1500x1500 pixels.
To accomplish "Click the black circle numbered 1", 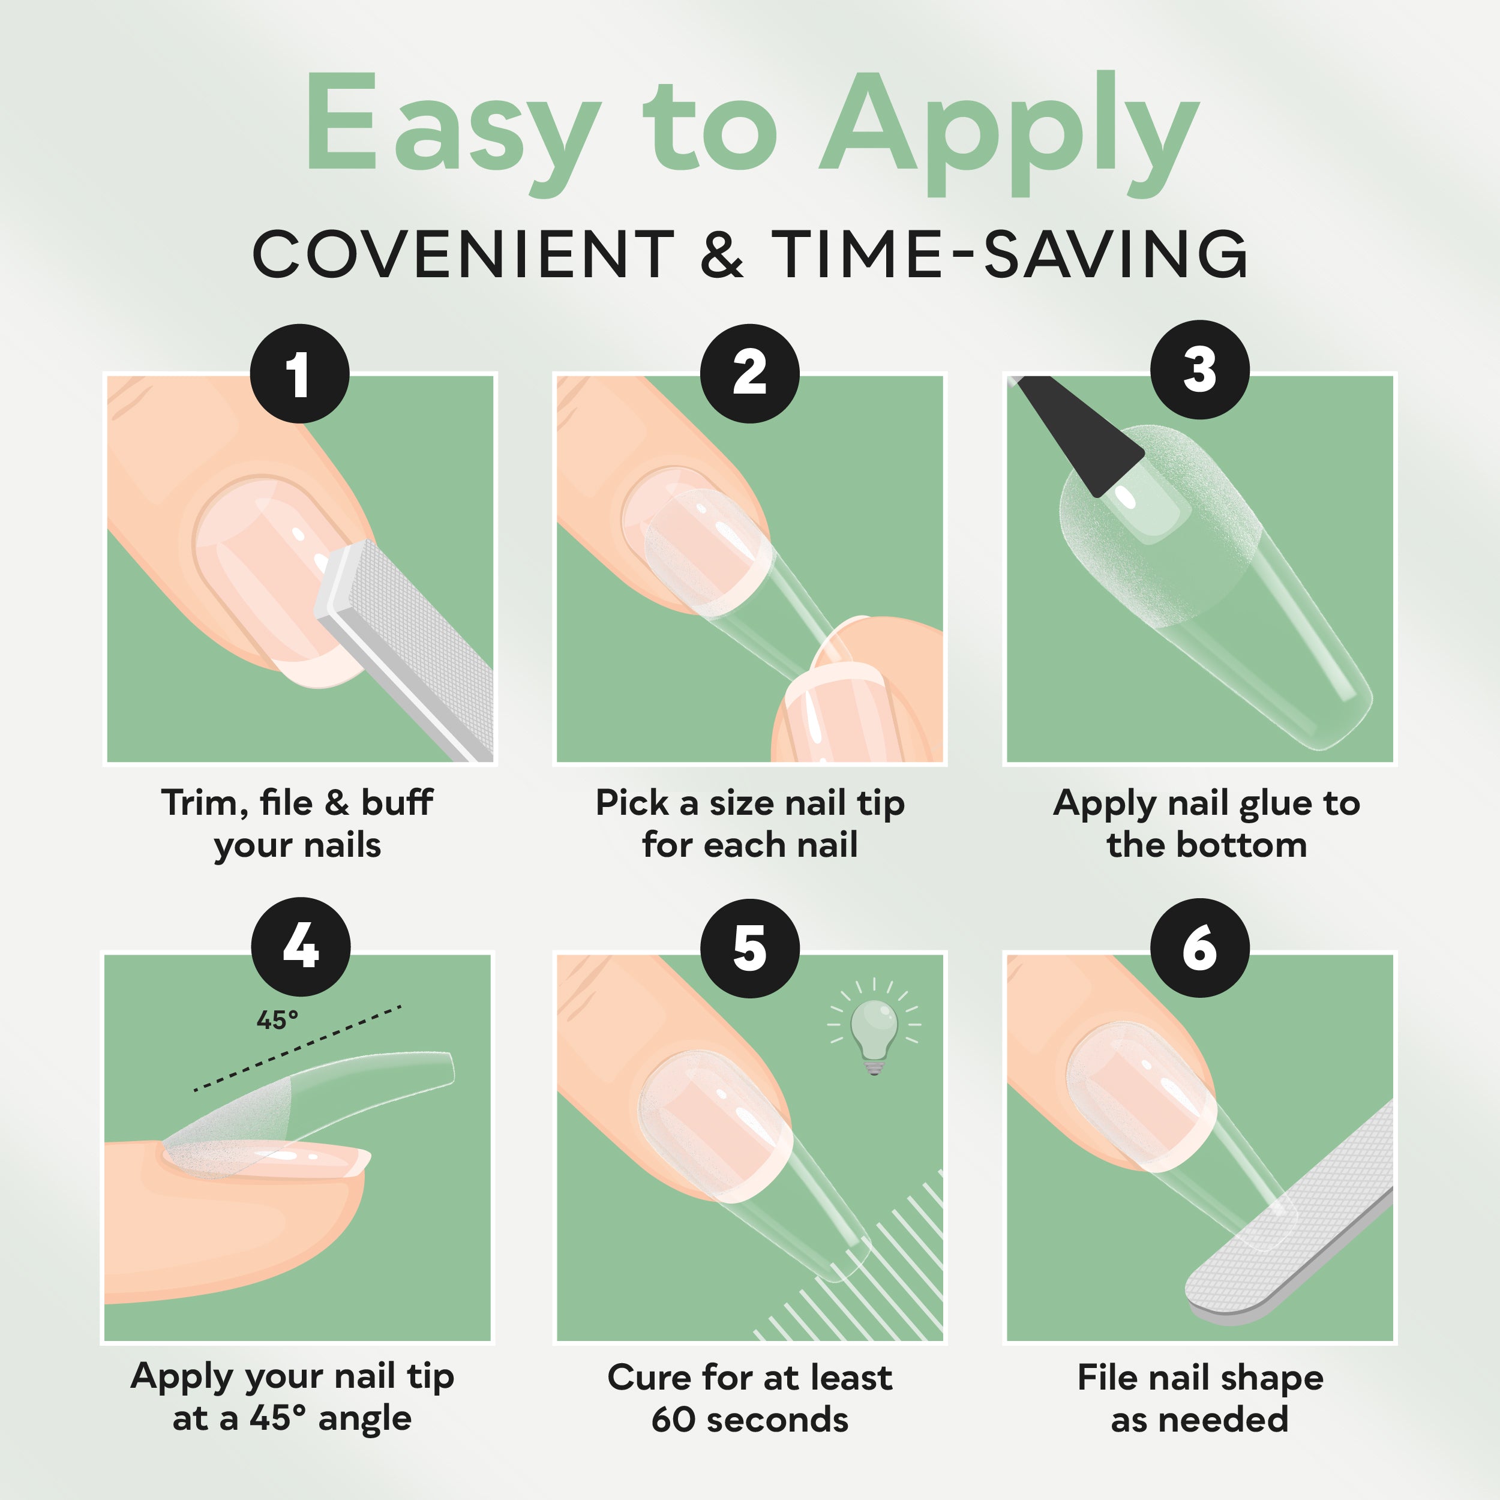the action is (x=299, y=373).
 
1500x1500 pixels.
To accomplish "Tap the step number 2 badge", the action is (x=749, y=373).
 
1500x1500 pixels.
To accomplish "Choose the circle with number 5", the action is (x=749, y=948).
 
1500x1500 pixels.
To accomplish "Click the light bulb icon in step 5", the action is (x=874, y=1027).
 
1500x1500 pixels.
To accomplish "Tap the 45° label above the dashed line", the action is (x=277, y=1020).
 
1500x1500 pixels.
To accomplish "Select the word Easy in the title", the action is (x=454, y=127).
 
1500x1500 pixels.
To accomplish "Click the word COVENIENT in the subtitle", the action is (x=464, y=254).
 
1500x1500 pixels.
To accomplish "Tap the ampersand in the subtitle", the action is (x=721, y=254).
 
